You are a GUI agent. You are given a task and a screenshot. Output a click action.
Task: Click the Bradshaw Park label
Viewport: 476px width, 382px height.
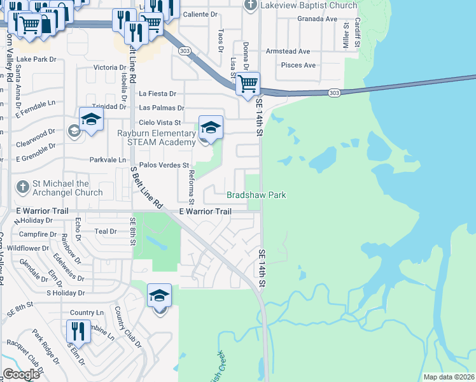pyautogui.click(x=257, y=195)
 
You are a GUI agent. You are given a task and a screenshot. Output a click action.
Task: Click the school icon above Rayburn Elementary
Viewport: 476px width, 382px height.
pyautogui.click(x=211, y=127)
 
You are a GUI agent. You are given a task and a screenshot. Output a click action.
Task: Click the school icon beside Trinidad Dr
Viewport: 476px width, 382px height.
pyautogui.click(x=91, y=118)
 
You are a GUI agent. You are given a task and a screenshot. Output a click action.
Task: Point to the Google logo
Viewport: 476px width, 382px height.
pyautogui.click(x=21, y=374)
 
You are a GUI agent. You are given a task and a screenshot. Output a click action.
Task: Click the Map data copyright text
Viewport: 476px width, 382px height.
pyautogui.click(x=449, y=377)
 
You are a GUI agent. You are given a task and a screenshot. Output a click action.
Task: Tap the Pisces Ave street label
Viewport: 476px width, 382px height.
pyautogui.click(x=298, y=65)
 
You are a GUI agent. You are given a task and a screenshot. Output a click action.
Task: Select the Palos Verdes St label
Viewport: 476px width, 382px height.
pyautogui.click(x=161, y=165)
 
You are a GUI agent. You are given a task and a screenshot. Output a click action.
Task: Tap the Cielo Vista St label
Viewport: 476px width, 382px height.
pyautogui.click(x=160, y=122)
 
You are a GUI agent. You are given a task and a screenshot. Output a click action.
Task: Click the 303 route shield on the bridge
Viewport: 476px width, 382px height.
pyautogui.click(x=333, y=93)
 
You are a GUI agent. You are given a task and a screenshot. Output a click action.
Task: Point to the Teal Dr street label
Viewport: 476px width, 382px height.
pyautogui.click(x=106, y=232)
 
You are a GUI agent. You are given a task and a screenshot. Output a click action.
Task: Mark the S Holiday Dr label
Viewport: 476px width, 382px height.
pyautogui.click(x=66, y=293)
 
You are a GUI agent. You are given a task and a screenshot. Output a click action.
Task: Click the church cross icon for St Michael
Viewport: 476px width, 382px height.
pyautogui.click(x=22, y=187)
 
